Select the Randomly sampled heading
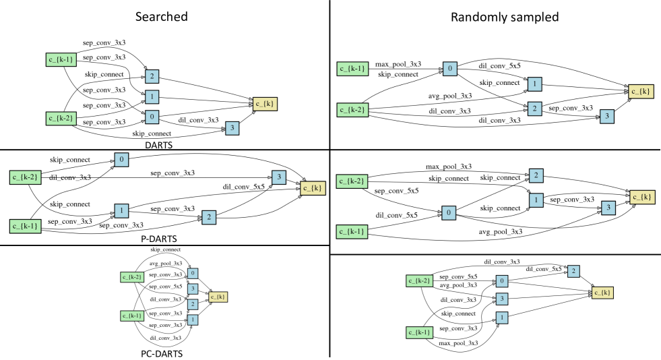(x=495, y=17)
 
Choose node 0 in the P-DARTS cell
(x=121, y=160)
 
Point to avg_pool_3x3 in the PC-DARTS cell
(x=166, y=264)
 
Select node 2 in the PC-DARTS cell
(x=193, y=304)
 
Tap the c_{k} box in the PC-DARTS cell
(x=219, y=295)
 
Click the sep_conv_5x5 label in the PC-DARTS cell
(x=166, y=286)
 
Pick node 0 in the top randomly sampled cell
(x=449, y=68)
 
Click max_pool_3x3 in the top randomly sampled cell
(x=398, y=64)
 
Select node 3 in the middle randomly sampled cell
(x=607, y=208)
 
